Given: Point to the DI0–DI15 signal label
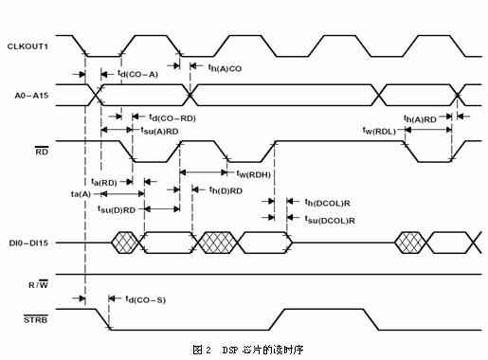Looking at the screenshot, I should coord(29,243).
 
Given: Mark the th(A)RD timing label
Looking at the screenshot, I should coord(422,118).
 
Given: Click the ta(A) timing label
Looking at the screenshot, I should coord(81,193).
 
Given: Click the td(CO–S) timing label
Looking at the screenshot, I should coord(144,299).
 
